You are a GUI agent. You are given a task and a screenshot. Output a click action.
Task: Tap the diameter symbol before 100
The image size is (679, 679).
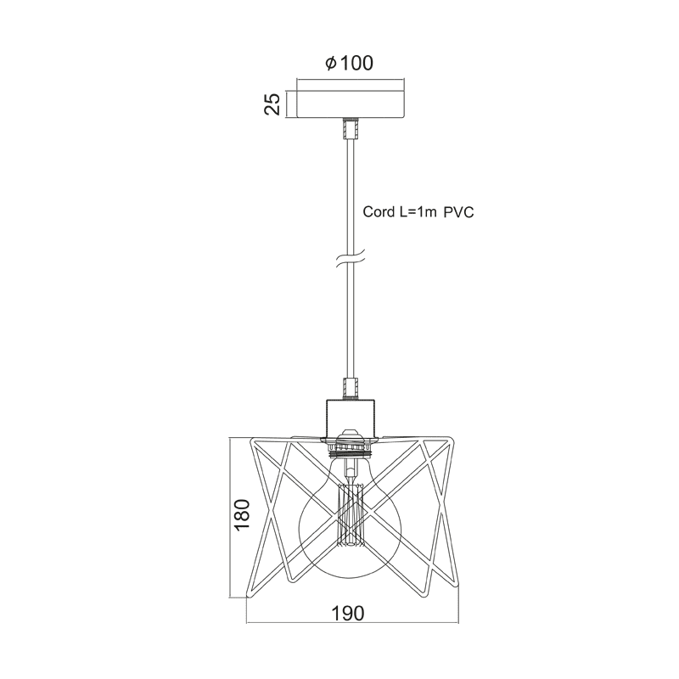330,64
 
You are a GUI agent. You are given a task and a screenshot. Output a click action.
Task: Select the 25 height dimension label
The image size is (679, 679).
272,104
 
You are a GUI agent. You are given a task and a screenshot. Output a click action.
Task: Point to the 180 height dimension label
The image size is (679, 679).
241,514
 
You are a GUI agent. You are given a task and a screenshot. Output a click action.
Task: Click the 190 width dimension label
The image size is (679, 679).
348,614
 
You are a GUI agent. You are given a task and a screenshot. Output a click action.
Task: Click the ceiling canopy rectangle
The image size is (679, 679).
350,104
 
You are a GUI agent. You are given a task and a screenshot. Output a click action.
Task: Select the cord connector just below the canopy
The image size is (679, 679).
350,129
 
